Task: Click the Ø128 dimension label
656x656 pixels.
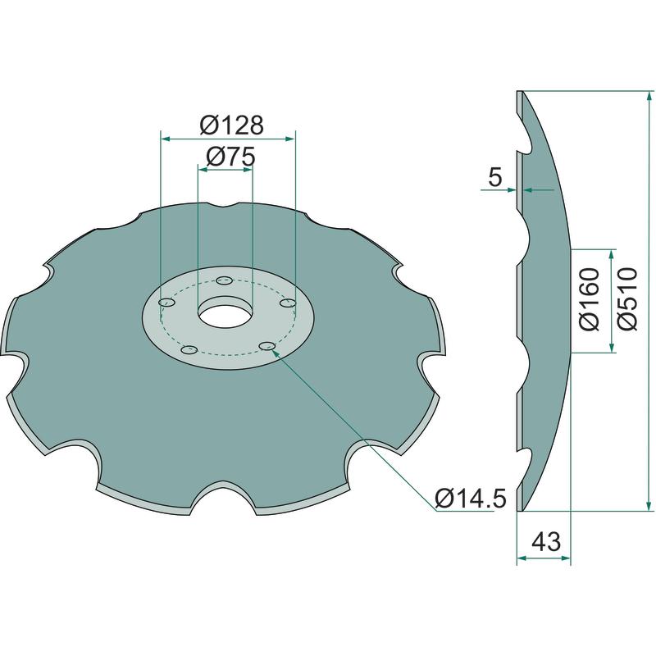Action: tap(232, 125)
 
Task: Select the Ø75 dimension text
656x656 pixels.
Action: tap(230, 157)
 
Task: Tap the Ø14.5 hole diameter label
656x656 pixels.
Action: tap(471, 499)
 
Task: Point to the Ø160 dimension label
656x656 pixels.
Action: tap(590, 299)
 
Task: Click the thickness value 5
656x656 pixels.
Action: tap(494, 177)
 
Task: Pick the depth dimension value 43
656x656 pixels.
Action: tap(545, 542)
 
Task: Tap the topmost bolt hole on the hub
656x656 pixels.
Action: tap(225, 280)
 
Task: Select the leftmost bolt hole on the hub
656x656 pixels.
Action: tap(167, 302)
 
